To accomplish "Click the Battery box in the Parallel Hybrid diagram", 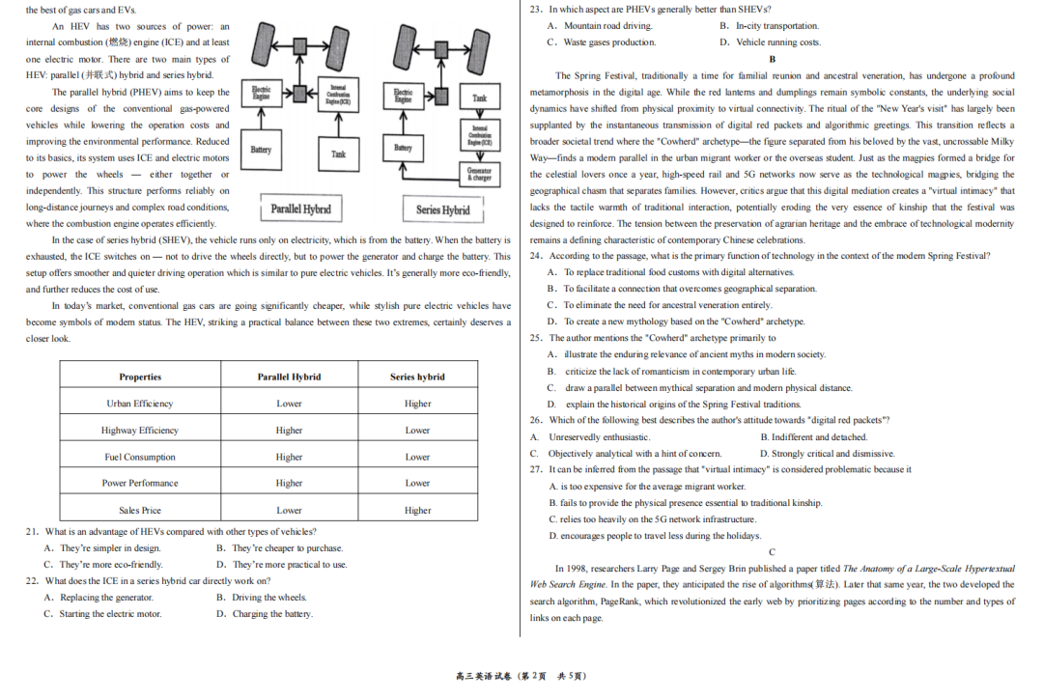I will pos(261,150).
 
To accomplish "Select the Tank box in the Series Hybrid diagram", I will pos(479,98).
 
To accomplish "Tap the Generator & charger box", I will pos(479,174).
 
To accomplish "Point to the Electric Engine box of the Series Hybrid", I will pos(404,95).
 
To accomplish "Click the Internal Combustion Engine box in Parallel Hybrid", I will pos(338,95).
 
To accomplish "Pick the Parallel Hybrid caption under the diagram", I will pos(300,209).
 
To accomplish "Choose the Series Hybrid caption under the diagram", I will pos(442,210).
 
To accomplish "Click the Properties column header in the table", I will pos(140,377).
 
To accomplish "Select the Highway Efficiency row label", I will pos(140,431).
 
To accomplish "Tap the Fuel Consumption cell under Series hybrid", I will pos(417,457).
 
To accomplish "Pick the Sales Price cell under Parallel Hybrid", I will pos(289,510).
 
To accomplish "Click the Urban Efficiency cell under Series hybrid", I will pos(417,404).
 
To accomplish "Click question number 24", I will pos(536,256).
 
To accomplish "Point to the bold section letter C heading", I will pos(772,551).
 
